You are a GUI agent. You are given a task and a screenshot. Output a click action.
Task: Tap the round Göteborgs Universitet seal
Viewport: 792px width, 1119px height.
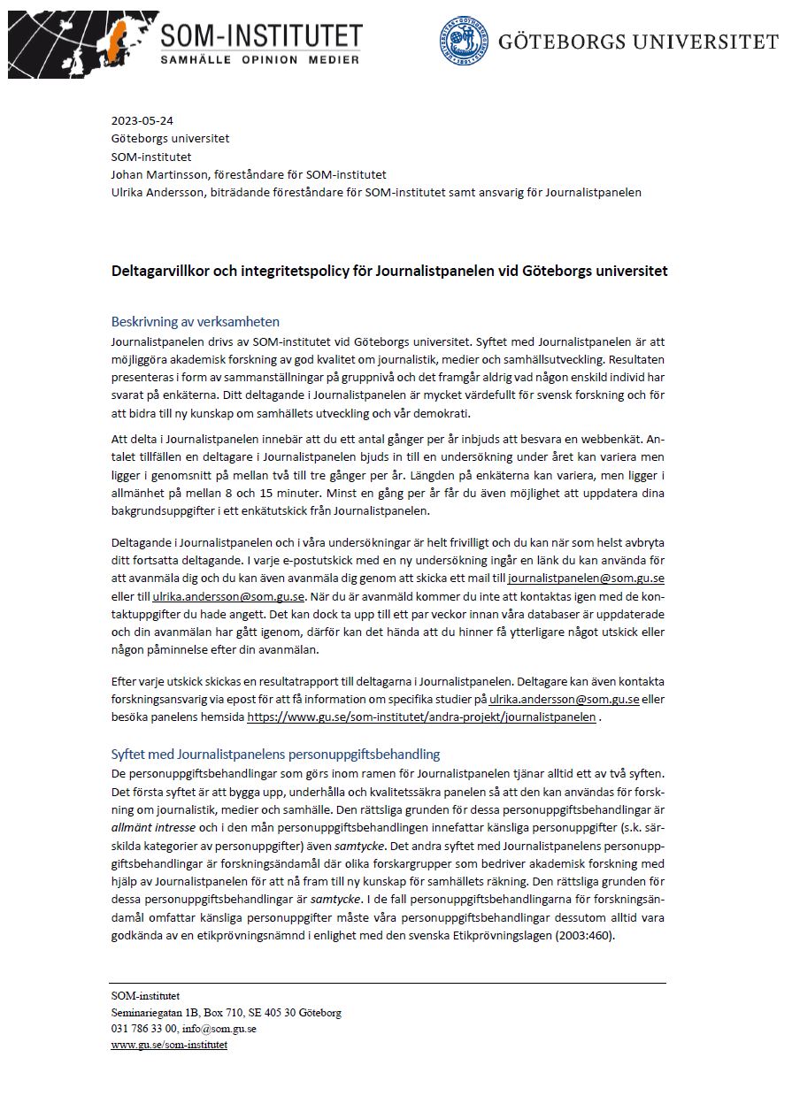(x=464, y=41)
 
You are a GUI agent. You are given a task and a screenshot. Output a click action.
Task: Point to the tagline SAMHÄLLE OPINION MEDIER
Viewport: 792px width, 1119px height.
(x=260, y=59)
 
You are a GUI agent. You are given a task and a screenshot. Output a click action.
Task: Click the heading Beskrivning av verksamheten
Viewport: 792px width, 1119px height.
(x=195, y=321)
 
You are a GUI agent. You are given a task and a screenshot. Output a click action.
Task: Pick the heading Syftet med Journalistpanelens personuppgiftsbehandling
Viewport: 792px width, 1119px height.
(x=275, y=755)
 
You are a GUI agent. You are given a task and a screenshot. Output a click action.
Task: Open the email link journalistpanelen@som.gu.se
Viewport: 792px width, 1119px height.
(x=586, y=579)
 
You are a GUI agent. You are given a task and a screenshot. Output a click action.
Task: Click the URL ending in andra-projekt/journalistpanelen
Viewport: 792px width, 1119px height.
(x=421, y=717)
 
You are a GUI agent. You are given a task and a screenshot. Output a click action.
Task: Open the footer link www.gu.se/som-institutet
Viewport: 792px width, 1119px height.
(x=169, y=1045)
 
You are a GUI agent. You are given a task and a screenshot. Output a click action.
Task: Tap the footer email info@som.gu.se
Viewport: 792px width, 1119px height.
(x=219, y=1029)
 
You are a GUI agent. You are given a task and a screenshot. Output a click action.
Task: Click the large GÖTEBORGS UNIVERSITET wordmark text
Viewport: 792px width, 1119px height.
(x=638, y=42)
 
